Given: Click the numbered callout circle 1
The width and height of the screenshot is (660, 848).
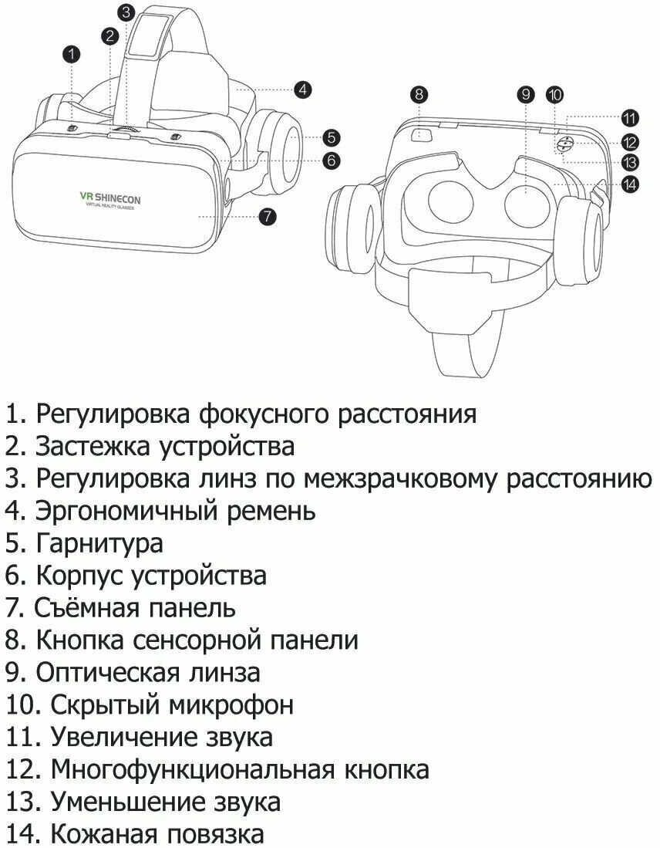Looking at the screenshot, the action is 71,53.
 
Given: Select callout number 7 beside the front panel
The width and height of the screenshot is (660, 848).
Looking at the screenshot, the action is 266,217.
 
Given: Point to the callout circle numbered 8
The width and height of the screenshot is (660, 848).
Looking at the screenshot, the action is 419,95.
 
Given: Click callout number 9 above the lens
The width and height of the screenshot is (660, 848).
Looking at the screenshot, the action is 526,95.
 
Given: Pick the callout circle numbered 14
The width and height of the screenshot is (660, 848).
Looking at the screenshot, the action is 631,184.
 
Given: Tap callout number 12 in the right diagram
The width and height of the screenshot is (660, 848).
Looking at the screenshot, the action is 631,141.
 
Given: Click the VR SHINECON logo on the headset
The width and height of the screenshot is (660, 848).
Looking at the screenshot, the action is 110,200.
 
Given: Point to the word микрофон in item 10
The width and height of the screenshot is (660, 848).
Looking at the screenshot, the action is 231,704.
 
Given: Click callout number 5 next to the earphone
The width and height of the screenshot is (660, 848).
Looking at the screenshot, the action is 330,138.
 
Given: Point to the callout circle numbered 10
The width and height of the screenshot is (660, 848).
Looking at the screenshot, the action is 554,95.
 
